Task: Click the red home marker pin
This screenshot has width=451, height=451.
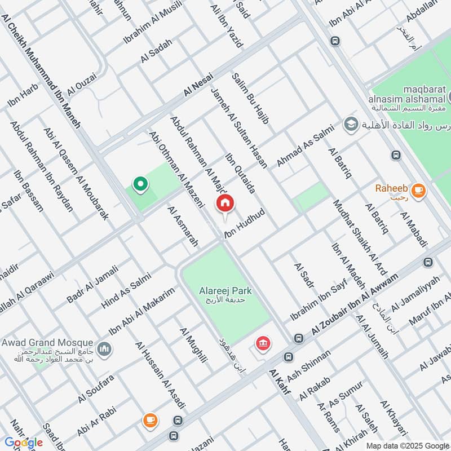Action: click(224, 204)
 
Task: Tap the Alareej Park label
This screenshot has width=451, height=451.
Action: click(225, 291)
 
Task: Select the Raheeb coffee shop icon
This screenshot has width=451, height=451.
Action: click(418, 191)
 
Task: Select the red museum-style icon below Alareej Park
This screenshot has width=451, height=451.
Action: click(262, 343)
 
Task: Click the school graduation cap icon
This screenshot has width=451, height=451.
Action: click(351, 123)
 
